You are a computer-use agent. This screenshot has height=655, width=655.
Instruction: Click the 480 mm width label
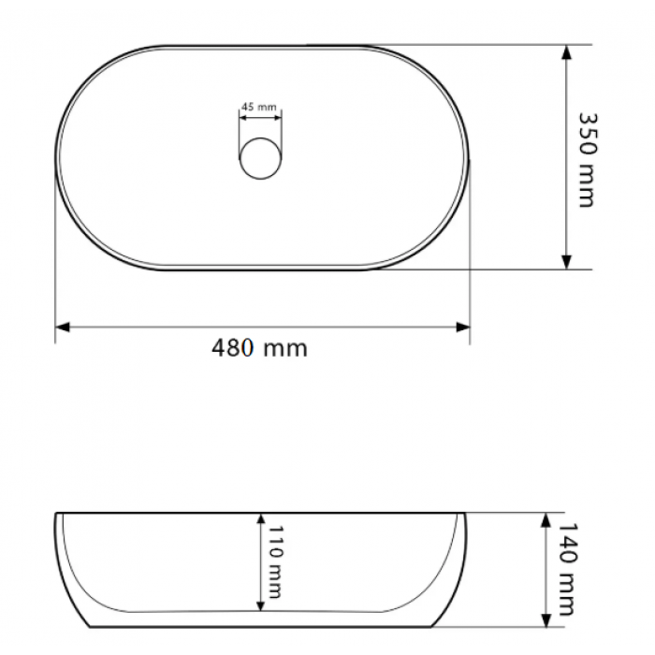coord(259,348)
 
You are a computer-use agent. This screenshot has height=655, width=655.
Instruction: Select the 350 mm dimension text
coord(588,160)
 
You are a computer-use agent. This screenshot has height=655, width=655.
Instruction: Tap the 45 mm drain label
coord(259,107)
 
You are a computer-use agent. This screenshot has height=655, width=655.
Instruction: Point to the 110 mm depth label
coord(275,561)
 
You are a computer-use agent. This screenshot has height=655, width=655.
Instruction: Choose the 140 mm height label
coord(568,569)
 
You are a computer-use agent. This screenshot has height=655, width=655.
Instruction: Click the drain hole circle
coord(260,159)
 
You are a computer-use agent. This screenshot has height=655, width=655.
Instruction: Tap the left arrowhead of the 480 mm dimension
coord(63,327)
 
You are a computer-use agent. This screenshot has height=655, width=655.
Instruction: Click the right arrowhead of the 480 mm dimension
coord(462,327)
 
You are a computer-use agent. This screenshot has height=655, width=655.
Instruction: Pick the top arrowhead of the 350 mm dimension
coord(566,52)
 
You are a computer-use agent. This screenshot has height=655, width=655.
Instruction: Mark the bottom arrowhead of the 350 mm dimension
coord(566,261)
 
